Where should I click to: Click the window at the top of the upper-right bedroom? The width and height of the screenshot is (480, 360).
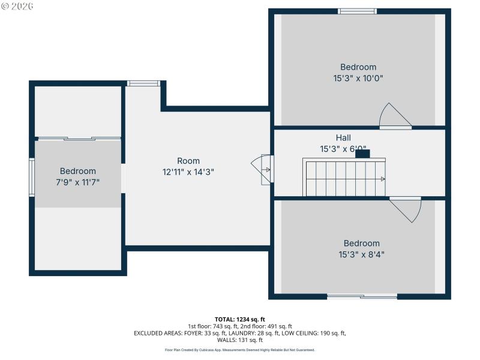click(357, 11)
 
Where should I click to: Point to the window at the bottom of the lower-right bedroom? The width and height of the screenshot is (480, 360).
click(362, 296)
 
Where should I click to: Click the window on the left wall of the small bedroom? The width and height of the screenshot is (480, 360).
click(32, 177)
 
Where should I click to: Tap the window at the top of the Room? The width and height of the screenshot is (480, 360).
click(143, 83)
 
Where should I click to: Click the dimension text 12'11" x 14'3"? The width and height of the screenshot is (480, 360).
click(188, 172)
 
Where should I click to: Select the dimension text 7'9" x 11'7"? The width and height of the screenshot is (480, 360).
click(77, 182)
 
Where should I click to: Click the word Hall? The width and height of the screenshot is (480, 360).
click(343, 137)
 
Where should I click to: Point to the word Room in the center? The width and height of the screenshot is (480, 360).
click(188, 161)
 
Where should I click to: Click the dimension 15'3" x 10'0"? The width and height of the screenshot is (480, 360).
click(358, 78)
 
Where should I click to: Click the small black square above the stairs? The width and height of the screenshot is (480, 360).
click(363, 154)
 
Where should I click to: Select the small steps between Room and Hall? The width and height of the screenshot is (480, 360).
click(266, 170)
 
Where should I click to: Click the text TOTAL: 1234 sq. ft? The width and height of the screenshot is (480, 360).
click(240, 319)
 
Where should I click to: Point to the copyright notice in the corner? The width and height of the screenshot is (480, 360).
click(17, 5)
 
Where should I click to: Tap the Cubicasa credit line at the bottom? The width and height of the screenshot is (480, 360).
click(240, 350)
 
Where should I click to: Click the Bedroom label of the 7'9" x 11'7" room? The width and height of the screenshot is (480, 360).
click(77, 171)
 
